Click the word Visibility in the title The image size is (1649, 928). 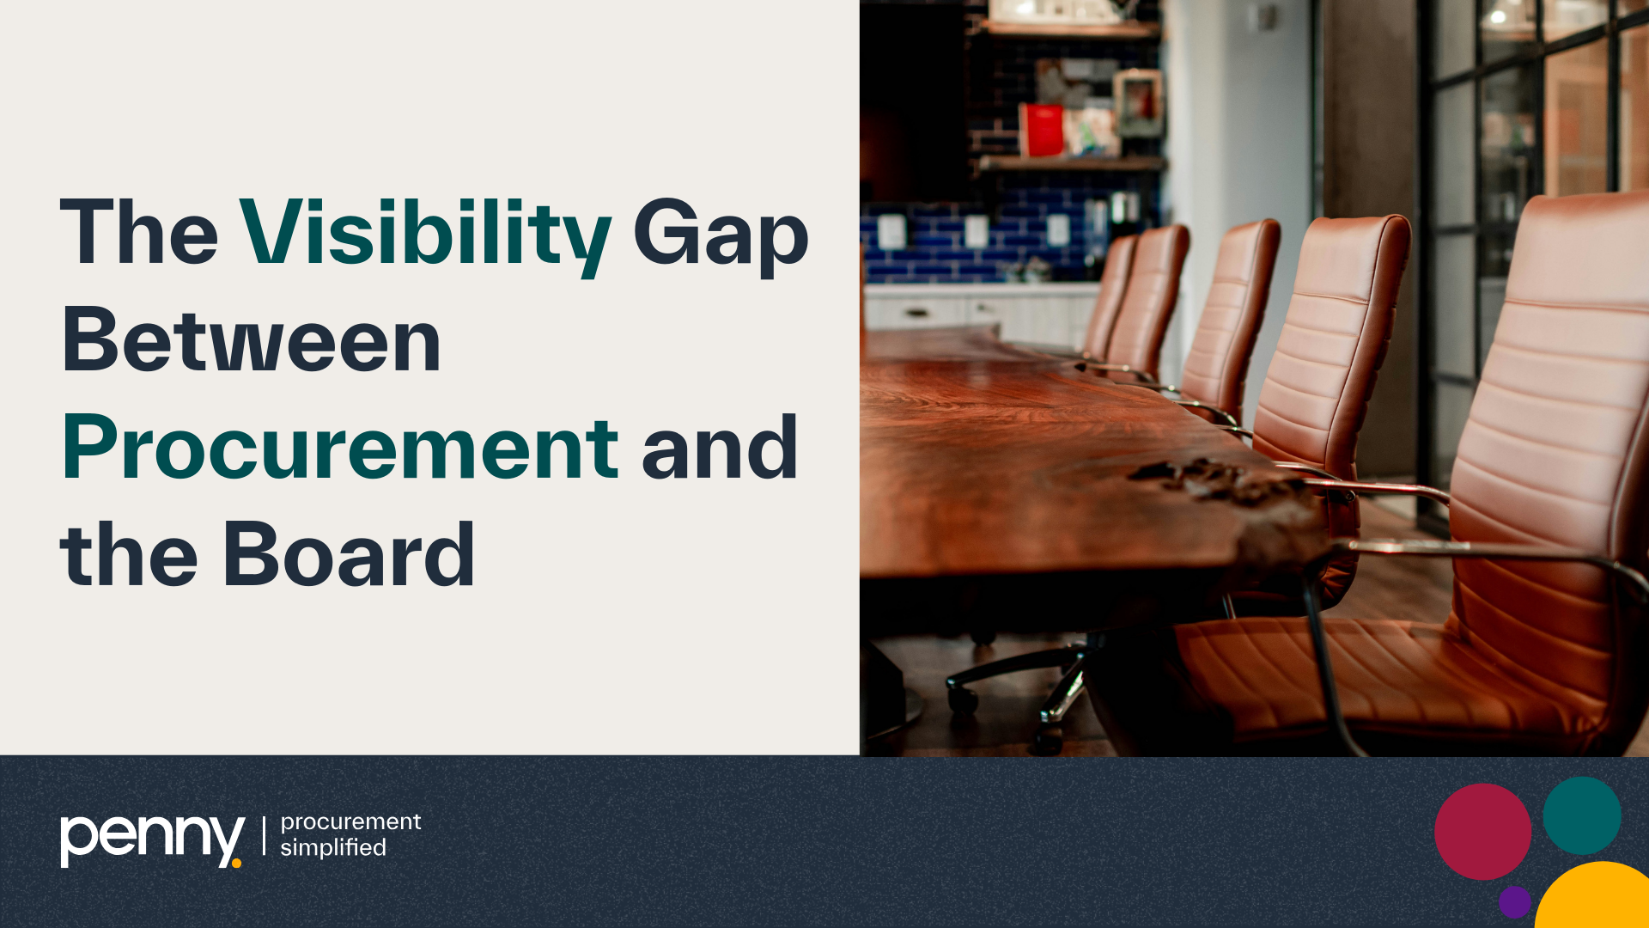click(x=425, y=234)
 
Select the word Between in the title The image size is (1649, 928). click(x=251, y=341)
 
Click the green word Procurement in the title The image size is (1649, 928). click(x=340, y=448)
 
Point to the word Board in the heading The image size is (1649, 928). click(x=348, y=556)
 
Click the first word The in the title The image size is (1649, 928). click(x=139, y=234)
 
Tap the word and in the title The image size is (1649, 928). click(x=720, y=448)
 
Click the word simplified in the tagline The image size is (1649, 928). click(x=333, y=848)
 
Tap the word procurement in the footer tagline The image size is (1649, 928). click(x=350, y=821)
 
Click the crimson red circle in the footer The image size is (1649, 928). click(x=1482, y=831)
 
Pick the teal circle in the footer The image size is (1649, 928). click(x=1581, y=815)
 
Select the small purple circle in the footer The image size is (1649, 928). click(x=1514, y=901)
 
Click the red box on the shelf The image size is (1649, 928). click(x=1043, y=131)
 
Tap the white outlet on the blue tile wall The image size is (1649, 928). click(x=891, y=231)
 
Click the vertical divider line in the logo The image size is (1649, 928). click(x=264, y=836)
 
